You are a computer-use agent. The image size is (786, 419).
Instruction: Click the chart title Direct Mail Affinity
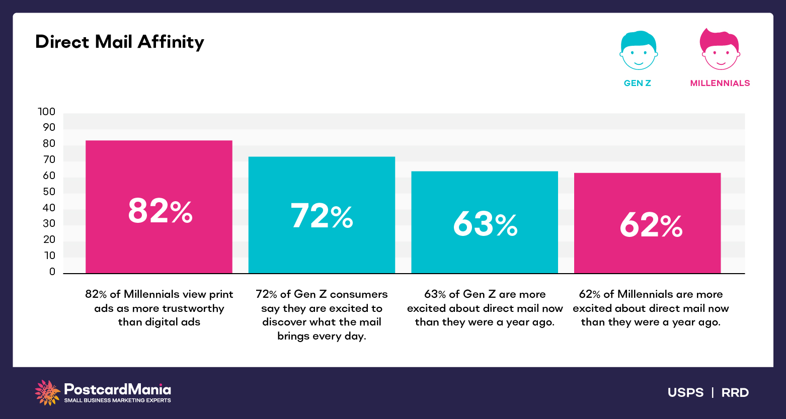tap(120, 42)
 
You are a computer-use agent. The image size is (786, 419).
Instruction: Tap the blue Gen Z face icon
tap(638, 51)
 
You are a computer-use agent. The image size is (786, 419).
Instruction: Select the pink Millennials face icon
tap(720, 50)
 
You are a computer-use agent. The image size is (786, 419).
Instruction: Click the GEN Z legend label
tap(638, 83)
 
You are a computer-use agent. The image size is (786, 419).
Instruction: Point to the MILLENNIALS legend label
tap(720, 83)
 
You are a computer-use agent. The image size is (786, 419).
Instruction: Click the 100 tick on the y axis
tap(47, 112)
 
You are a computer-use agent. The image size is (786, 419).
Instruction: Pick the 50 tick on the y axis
tap(49, 192)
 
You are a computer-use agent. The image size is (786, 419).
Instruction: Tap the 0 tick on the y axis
tap(52, 272)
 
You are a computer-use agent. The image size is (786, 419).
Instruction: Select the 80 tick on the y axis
tap(49, 144)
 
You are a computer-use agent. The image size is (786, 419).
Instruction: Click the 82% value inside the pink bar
tap(160, 211)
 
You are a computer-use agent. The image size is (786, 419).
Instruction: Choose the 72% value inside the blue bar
tap(322, 216)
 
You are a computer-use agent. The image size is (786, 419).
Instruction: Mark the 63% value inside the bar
tap(485, 224)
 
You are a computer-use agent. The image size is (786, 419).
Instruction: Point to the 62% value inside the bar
tap(651, 225)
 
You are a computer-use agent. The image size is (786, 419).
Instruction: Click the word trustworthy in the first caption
tap(193, 308)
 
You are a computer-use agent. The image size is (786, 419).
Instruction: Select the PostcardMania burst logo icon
tap(47, 392)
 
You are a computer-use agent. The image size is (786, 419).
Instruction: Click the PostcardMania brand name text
tap(118, 389)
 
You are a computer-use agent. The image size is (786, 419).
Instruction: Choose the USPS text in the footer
tap(685, 393)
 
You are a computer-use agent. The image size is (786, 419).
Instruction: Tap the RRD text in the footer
tap(735, 393)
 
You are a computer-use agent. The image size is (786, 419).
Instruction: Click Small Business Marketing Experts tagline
tap(117, 400)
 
